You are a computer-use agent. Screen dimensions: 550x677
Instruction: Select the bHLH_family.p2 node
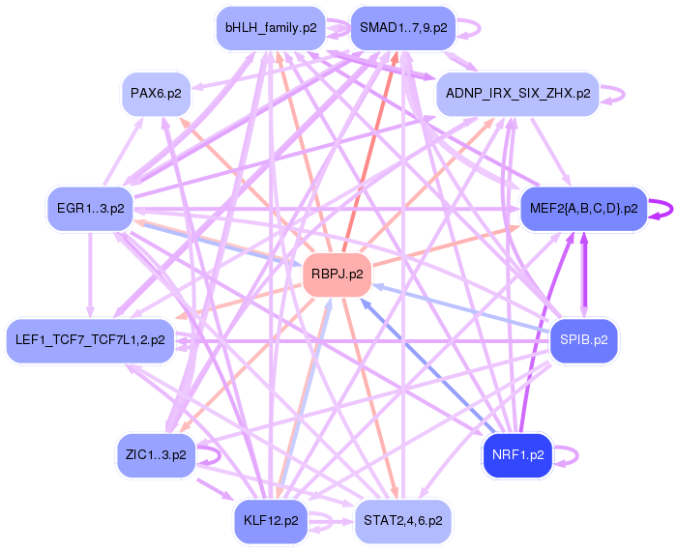(x=270, y=28)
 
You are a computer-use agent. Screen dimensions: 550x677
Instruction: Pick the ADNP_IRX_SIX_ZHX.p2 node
(x=518, y=94)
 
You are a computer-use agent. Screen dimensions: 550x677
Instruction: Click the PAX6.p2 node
(x=156, y=94)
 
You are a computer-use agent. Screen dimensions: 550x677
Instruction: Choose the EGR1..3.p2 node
(x=90, y=209)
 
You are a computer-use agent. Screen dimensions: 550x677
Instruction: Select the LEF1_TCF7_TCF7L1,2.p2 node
(x=91, y=340)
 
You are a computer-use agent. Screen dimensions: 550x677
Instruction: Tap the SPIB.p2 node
(x=584, y=340)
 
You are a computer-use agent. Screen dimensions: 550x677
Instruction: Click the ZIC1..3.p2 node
(x=156, y=453)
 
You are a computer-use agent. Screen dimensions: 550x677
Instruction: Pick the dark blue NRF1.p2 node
(x=517, y=453)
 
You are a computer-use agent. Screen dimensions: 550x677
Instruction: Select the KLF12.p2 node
(x=270, y=520)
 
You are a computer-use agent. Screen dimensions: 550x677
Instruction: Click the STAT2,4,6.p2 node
(x=403, y=520)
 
